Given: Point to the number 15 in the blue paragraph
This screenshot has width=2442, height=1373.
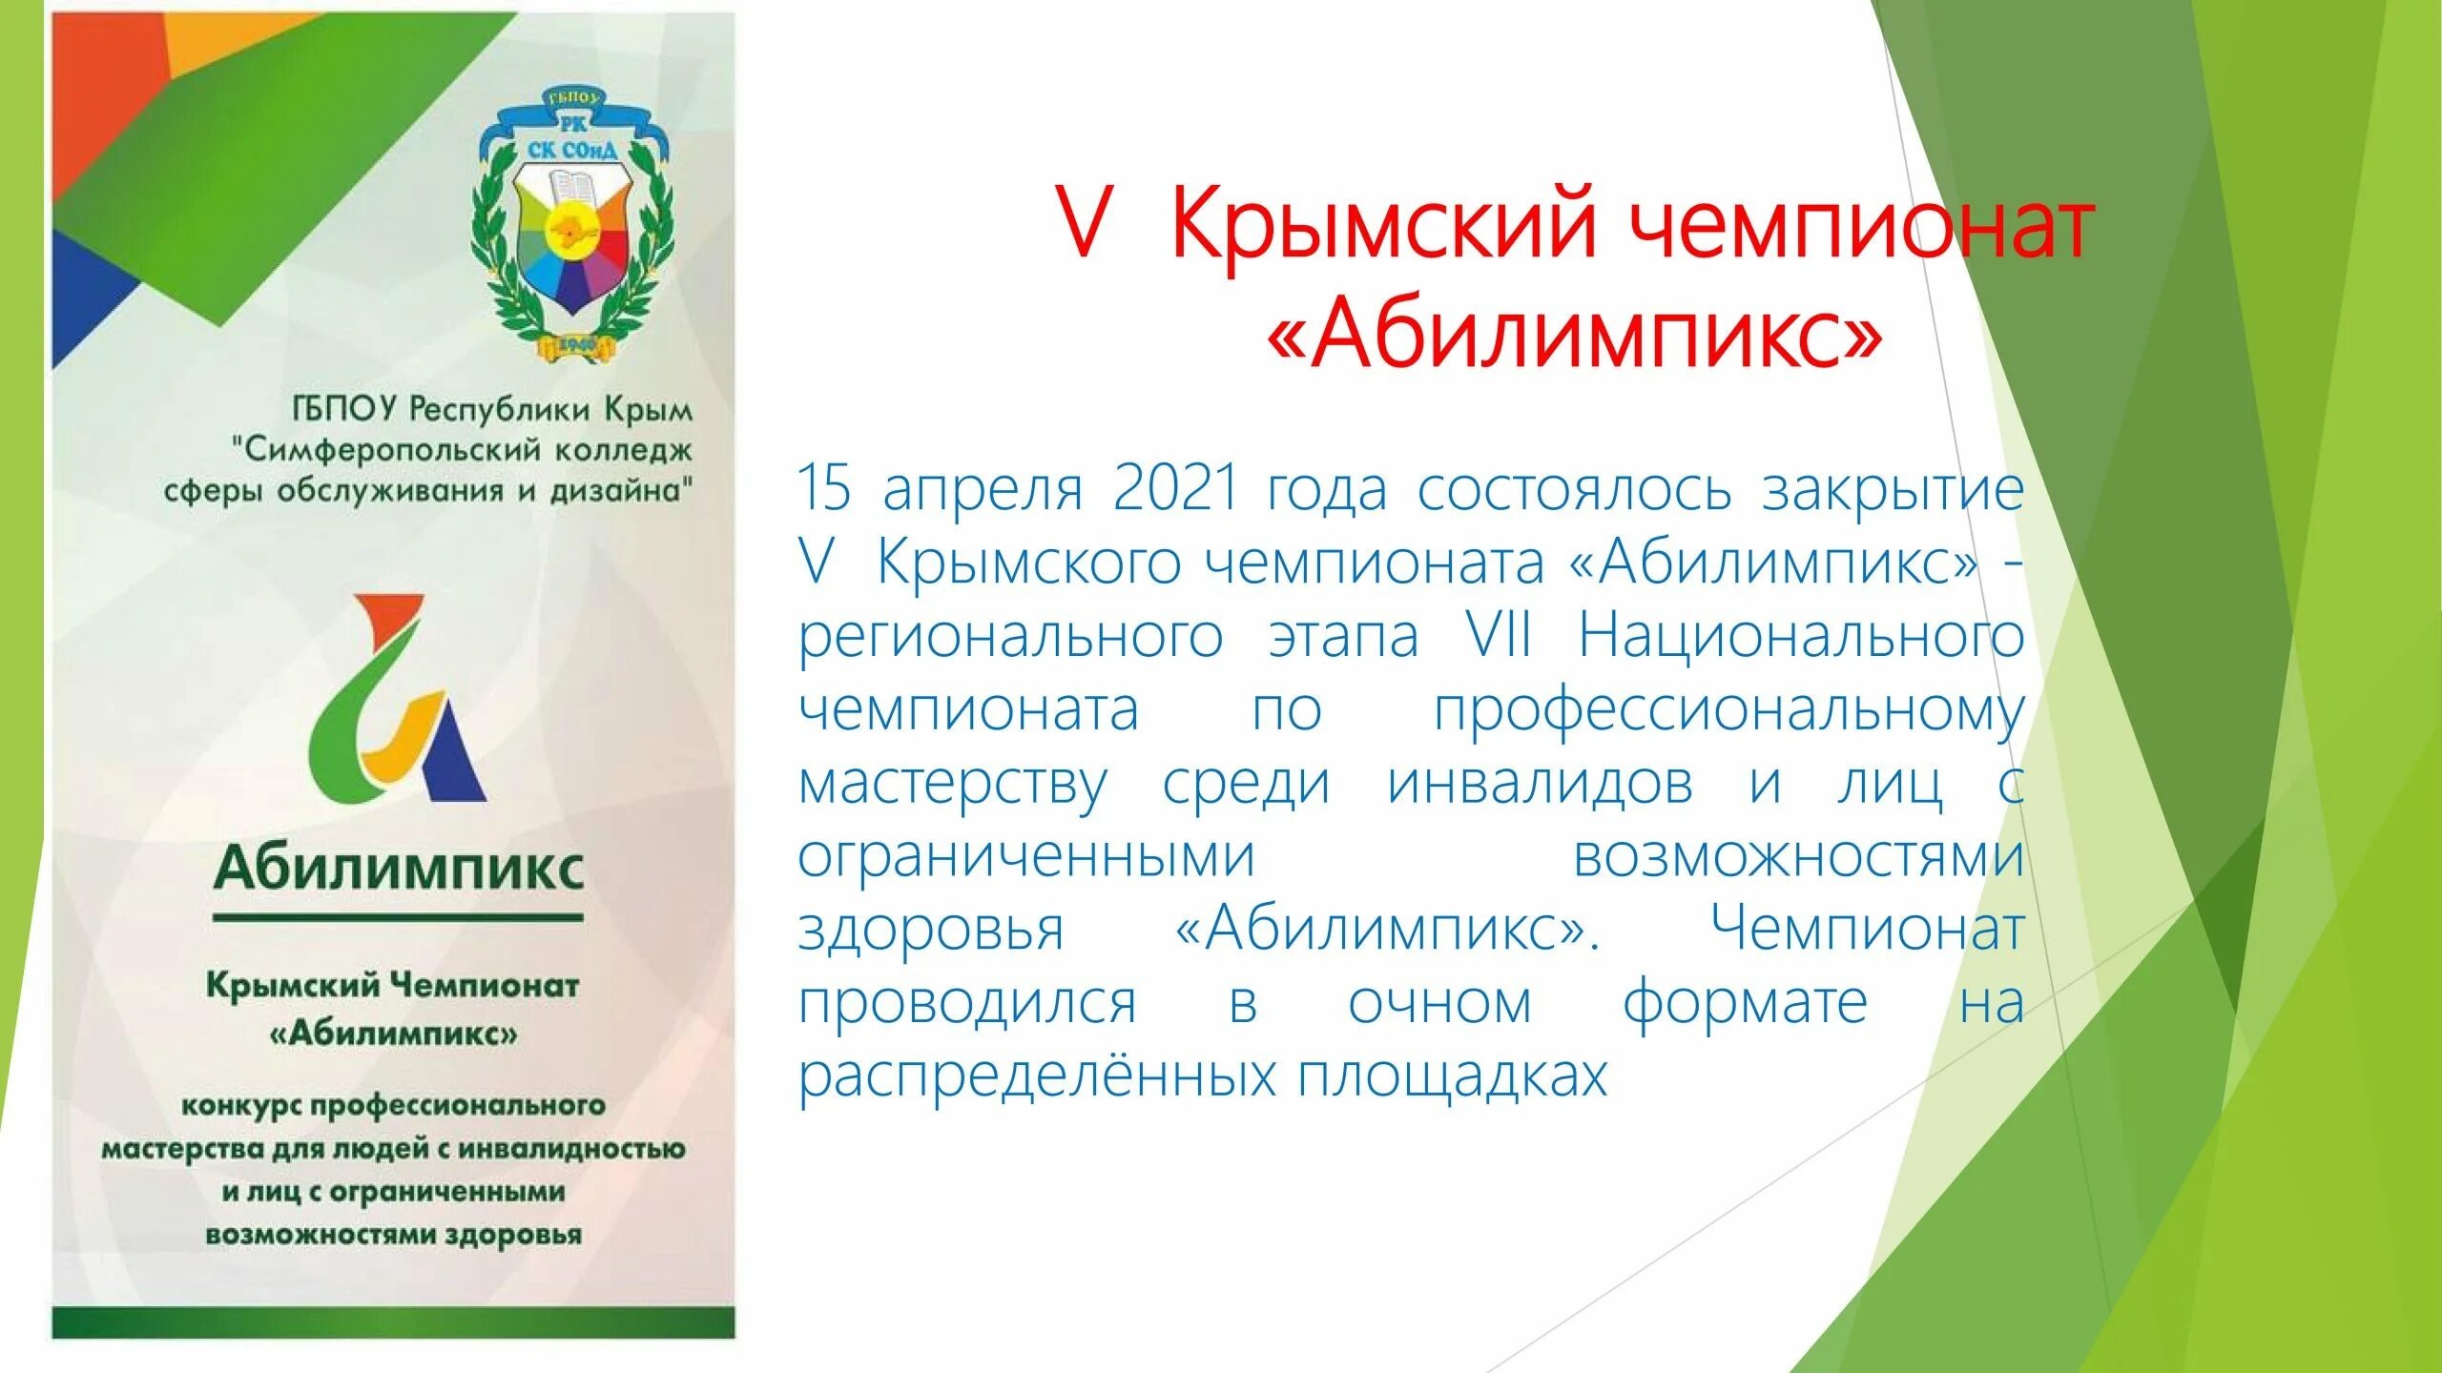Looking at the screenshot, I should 824,488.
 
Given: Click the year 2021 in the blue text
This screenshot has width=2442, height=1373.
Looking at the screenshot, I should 1175,488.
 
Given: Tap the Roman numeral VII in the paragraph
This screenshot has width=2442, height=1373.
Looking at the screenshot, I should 1499,636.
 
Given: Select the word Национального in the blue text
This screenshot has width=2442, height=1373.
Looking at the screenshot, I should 1801,636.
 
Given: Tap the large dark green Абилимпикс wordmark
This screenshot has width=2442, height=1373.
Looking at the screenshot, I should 399,869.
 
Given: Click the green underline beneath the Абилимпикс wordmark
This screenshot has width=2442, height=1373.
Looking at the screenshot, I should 398,917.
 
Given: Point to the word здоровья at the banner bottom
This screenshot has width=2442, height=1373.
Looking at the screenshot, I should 513,1235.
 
